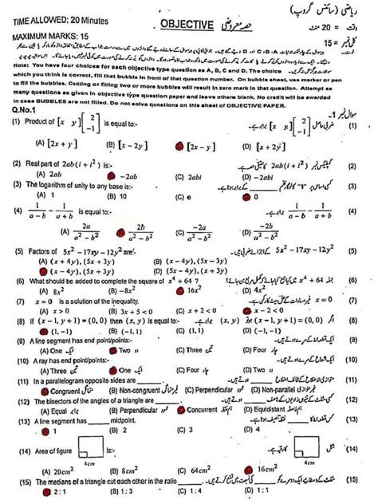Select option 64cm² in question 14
click(x=191, y=471)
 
